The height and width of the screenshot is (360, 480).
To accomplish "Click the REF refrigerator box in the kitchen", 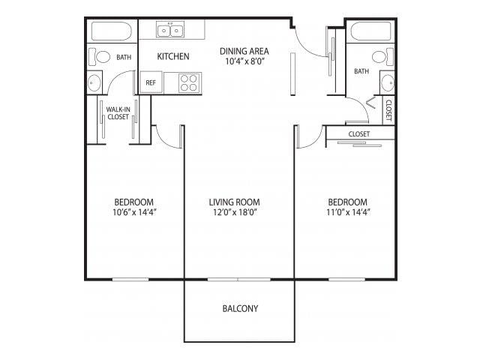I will (151, 82).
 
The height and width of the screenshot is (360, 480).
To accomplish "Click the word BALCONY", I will (240, 308).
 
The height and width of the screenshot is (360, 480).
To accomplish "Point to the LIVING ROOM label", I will (233, 202).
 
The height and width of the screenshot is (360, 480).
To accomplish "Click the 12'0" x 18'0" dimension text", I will (233, 212).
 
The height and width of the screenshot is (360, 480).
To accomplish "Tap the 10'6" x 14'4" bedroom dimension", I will (135, 212).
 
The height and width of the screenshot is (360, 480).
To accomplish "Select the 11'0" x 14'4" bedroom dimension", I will (348, 212).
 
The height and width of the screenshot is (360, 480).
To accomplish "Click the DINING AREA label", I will (244, 51).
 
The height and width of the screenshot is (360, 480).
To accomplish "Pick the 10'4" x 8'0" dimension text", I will (244, 61).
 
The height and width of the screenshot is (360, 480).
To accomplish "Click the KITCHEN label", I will (172, 56).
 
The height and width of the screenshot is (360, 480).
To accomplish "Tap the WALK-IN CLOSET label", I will (118, 113).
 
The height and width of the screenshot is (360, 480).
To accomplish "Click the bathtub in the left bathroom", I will (112, 31).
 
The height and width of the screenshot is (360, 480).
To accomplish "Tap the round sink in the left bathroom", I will (94, 82).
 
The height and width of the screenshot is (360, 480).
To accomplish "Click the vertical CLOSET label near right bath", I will (388, 111).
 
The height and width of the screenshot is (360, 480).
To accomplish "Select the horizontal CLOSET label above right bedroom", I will (359, 134).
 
